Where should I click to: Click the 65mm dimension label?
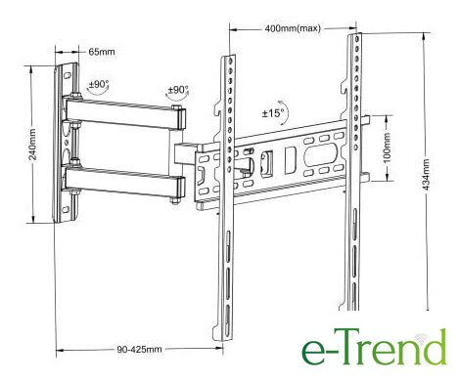tap(102, 52)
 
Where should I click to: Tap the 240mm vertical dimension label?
tap(33, 145)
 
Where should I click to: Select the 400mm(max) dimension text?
tap(293, 28)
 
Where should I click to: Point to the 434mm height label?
tap(426, 174)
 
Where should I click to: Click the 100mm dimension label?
tap(387, 148)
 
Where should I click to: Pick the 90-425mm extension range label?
tap(139, 349)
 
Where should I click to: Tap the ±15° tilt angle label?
tap(273, 113)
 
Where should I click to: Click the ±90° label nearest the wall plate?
tap(99, 84)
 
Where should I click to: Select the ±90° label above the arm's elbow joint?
tap(178, 90)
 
